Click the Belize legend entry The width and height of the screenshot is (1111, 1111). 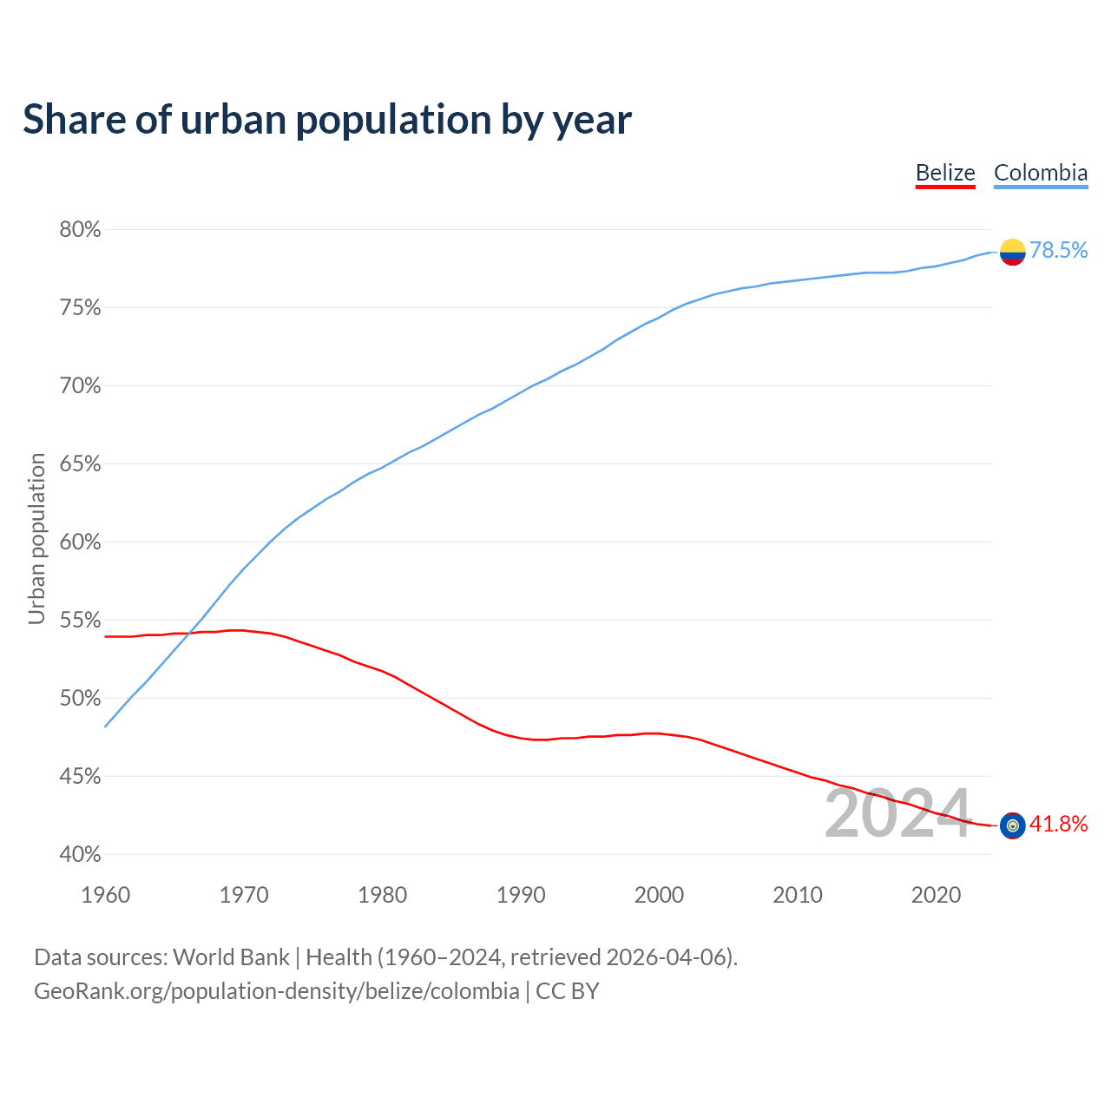click(945, 173)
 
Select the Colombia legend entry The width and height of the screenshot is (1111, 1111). click(1040, 173)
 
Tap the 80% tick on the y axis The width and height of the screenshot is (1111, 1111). click(80, 230)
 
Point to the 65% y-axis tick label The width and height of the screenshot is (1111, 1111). click(80, 464)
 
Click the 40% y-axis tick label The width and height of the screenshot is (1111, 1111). click(80, 855)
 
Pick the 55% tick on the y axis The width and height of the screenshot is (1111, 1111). click(80, 621)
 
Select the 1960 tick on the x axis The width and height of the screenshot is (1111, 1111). click(106, 895)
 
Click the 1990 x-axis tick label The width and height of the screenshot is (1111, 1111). click(521, 895)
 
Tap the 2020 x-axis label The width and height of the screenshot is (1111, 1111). click(936, 895)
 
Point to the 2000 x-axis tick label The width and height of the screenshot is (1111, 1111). click(659, 895)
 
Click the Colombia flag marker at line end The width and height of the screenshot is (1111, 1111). click(1012, 252)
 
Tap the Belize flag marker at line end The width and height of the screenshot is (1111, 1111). click(1012, 825)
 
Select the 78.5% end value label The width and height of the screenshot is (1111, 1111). click(1058, 251)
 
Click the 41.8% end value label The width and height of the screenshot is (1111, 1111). click(1058, 825)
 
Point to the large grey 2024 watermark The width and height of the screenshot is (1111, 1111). click(897, 814)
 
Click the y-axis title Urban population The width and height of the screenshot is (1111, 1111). click(36, 538)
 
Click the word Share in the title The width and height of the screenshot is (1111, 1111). click(73, 119)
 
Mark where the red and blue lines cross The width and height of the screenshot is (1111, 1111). click(187, 633)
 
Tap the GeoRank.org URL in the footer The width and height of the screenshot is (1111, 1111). click(276, 991)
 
